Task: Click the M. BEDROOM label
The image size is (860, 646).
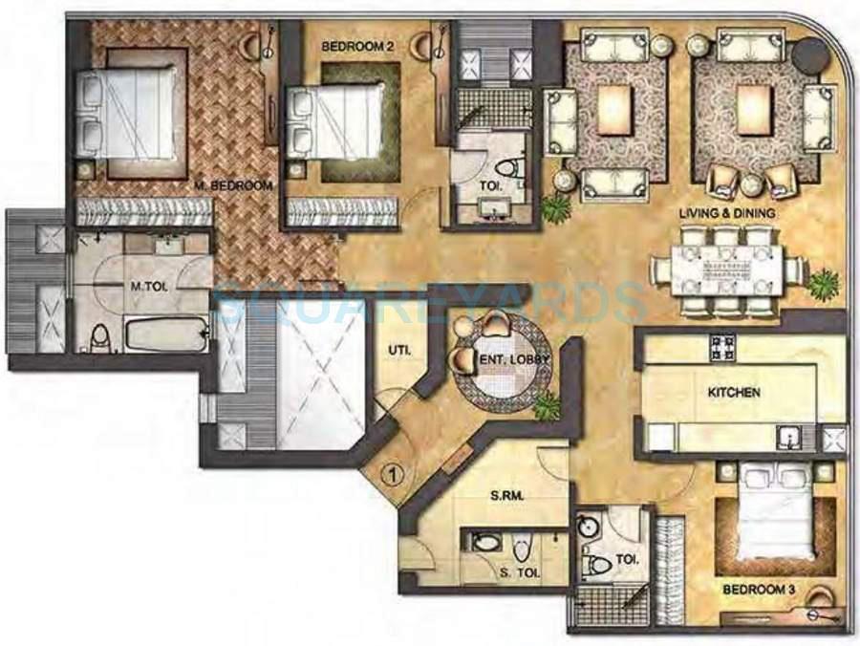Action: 233,185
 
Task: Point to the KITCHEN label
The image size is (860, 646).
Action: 734,392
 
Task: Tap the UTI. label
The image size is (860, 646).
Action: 398,351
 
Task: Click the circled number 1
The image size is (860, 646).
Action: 389,472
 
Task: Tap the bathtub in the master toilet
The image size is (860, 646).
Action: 165,335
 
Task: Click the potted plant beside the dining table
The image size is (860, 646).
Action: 822,284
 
